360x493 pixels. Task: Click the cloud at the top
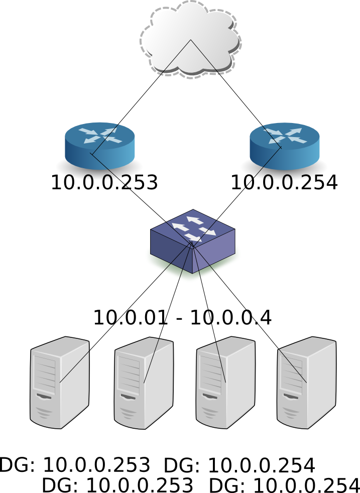click(190, 38)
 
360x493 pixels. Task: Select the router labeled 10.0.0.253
click(100, 146)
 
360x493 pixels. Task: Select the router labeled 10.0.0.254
click(285, 146)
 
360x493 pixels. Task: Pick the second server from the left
click(144, 384)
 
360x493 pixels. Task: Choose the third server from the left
click(225, 384)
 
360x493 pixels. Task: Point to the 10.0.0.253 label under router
click(104, 183)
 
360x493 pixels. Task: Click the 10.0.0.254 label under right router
click(284, 183)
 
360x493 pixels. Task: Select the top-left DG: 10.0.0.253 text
click(75, 465)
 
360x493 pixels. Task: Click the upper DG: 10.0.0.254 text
click(239, 465)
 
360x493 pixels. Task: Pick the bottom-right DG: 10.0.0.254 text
click(284, 485)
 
